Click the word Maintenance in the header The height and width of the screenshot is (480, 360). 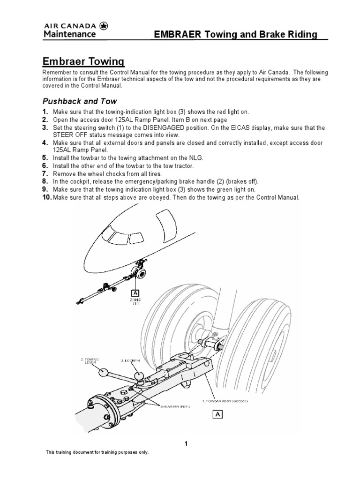(x=70, y=34)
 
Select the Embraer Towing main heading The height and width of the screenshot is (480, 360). (x=83, y=61)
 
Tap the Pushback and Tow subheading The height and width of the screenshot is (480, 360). (x=80, y=101)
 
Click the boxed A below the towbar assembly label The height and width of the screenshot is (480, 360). (x=217, y=414)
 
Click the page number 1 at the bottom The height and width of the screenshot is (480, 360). (x=186, y=444)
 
